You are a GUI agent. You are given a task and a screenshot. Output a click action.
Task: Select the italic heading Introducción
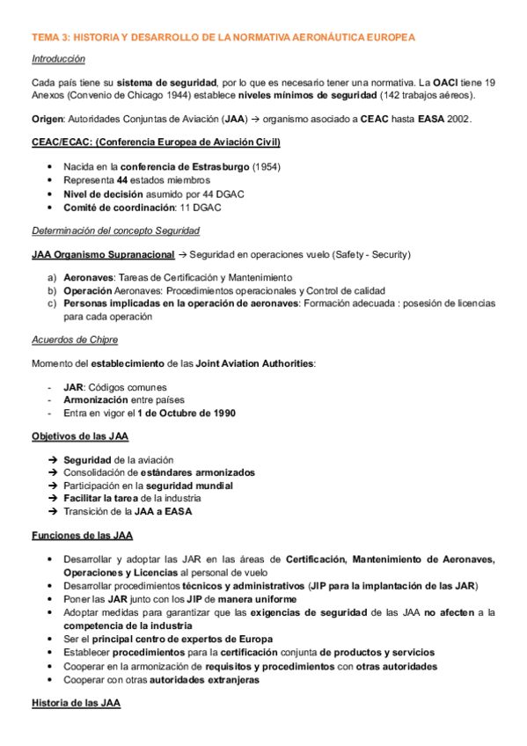(58, 59)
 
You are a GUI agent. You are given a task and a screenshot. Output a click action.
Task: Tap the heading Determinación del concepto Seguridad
(114, 230)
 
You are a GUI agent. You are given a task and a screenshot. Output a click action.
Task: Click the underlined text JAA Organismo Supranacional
(101, 254)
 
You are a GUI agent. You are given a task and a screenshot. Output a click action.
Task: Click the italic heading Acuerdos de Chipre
(75, 340)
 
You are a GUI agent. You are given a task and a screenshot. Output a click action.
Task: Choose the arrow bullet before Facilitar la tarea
(54, 498)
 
